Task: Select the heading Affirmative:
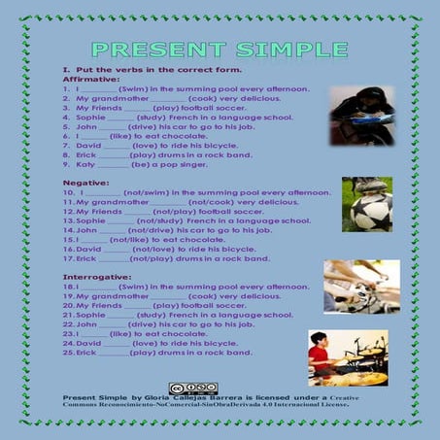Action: pyautogui.click(x=85, y=80)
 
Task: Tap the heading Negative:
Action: pyautogui.click(x=82, y=183)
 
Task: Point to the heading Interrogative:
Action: pyautogui.click(x=92, y=278)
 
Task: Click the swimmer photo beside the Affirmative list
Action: pyautogui.click(x=360, y=115)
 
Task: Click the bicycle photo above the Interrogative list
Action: pyautogui.click(x=359, y=285)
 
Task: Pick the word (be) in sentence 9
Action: pyautogui.click(x=136, y=165)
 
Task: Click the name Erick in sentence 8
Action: pyautogui.click(x=85, y=155)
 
